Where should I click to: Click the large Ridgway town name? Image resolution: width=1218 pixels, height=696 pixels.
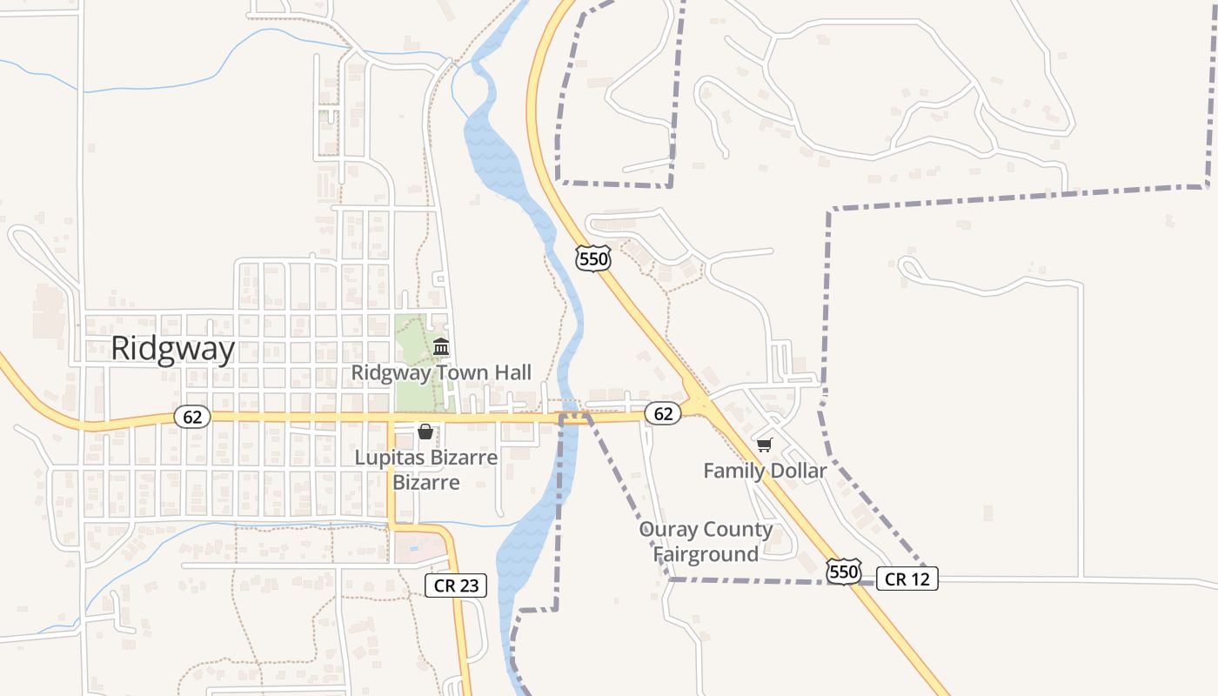pyautogui.click(x=172, y=349)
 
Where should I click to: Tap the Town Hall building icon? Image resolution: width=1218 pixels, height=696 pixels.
pyautogui.click(x=441, y=347)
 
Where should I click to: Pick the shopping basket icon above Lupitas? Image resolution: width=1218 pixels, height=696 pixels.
pyautogui.click(x=425, y=432)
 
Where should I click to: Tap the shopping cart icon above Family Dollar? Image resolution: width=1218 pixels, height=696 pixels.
pyautogui.click(x=765, y=445)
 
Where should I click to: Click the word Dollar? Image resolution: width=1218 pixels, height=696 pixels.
pyautogui.click(x=797, y=471)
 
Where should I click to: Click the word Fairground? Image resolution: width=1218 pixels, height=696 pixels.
pyautogui.click(x=706, y=554)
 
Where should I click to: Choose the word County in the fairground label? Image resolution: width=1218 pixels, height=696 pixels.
pyautogui.click(x=739, y=530)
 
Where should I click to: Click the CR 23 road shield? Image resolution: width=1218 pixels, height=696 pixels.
pyautogui.click(x=456, y=586)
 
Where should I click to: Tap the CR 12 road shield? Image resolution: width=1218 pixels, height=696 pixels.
pyautogui.click(x=907, y=579)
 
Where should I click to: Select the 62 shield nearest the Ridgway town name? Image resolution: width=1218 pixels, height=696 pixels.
pyautogui.click(x=192, y=417)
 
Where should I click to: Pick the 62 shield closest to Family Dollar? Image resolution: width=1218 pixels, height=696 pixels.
pyautogui.click(x=663, y=413)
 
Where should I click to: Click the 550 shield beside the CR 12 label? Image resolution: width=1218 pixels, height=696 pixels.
pyautogui.click(x=844, y=572)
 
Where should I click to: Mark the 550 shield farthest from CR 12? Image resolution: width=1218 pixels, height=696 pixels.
pyautogui.click(x=592, y=258)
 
